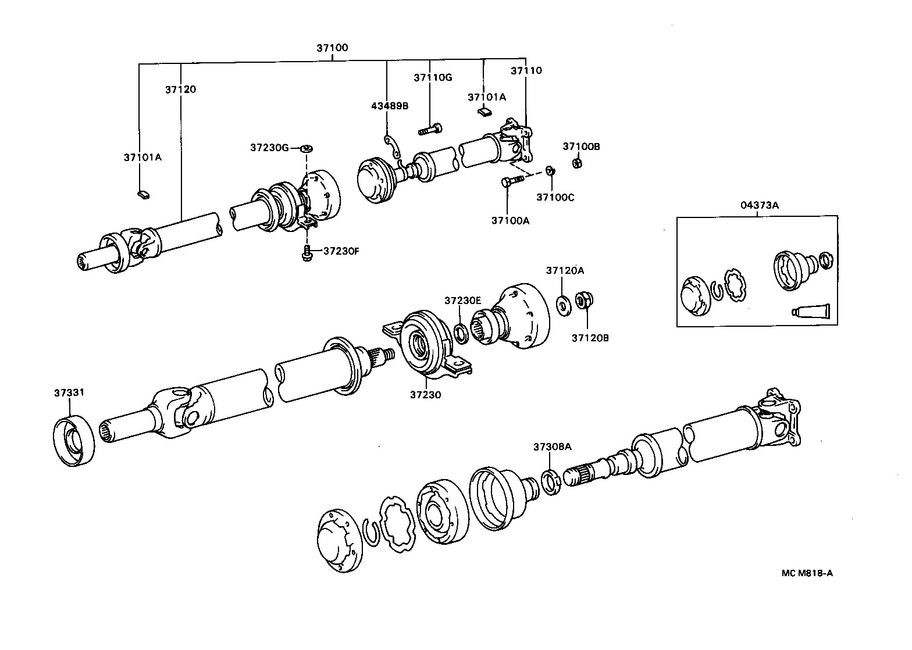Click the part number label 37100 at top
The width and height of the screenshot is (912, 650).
coord(332,48)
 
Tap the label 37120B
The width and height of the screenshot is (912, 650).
coord(589,337)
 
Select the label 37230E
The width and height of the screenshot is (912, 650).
coord(462,301)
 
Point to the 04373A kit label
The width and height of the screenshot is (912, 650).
coord(757,205)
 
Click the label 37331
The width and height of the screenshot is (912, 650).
coord(69,393)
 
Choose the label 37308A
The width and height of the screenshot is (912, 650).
coord(552,447)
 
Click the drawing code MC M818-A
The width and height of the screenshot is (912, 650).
coord(807,573)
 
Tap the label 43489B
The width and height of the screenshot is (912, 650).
coord(390,106)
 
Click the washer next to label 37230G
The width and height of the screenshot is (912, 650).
coord(307,149)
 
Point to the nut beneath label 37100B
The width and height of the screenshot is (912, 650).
coord(578,163)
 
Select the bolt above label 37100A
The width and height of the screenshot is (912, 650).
coord(511,181)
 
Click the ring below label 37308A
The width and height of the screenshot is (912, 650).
coord(550,482)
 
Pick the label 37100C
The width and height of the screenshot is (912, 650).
coord(555,197)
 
